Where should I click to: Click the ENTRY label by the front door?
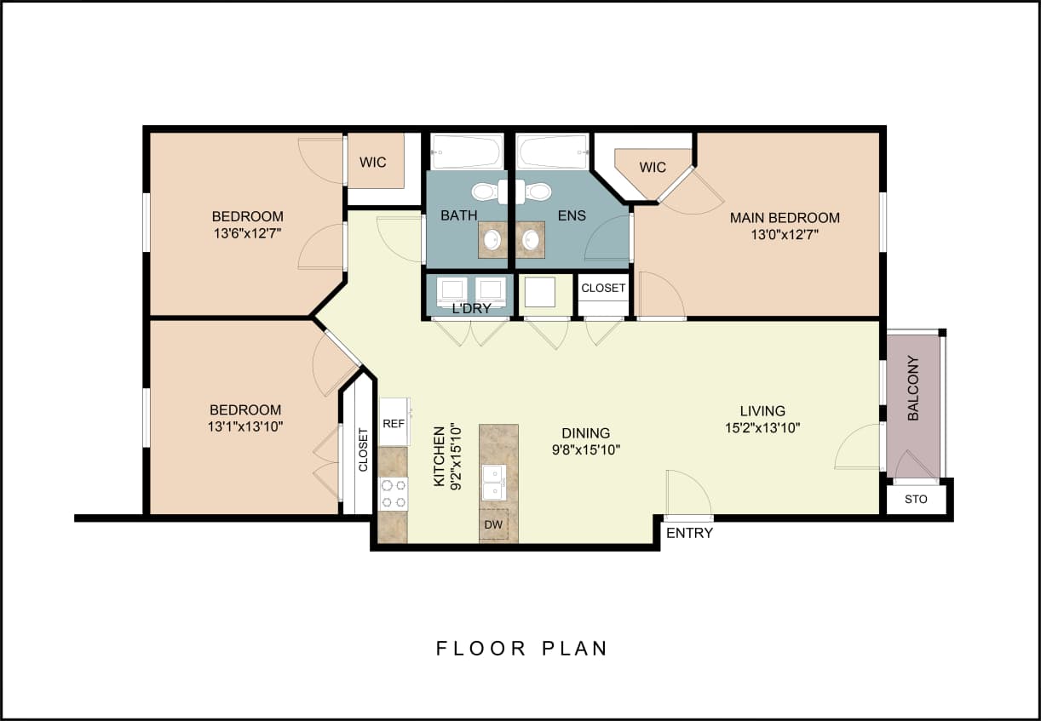click(689, 534)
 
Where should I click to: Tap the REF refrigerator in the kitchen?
click(393, 423)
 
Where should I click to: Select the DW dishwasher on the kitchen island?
click(493, 524)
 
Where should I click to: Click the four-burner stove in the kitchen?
click(393, 494)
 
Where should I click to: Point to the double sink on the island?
click(493, 483)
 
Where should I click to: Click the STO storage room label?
click(916, 500)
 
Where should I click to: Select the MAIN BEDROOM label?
click(785, 218)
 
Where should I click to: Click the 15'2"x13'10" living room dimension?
click(762, 428)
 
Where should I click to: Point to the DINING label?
click(585, 433)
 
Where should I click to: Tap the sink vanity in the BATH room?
click(492, 239)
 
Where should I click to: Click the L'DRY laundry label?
click(471, 308)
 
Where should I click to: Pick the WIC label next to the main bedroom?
click(653, 167)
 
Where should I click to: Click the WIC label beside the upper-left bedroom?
click(372, 162)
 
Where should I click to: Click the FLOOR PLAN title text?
click(521, 649)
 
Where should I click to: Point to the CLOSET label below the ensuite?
click(603, 288)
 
